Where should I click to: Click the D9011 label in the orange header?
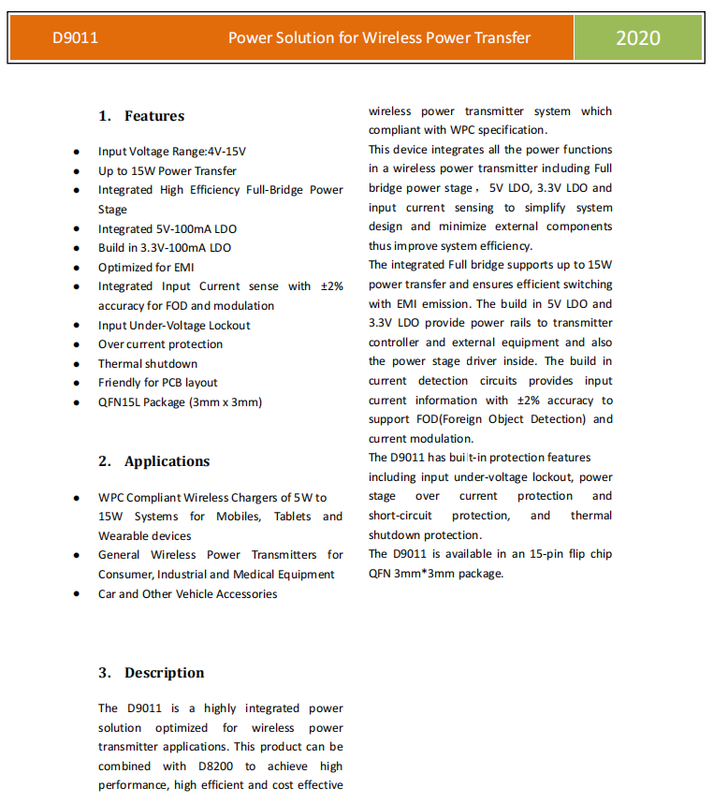[75, 38]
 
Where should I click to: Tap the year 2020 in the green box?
[637, 38]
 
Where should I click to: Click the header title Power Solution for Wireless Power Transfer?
[379, 38]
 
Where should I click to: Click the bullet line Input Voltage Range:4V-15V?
[172, 152]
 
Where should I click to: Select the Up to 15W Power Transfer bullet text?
[167, 171]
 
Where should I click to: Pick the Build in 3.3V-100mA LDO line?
[165, 248]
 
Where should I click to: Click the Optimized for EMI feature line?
[146, 268]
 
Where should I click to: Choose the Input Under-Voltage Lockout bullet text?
[174, 326]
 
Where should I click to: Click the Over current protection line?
[161, 344]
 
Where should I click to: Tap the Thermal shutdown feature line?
[148, 364]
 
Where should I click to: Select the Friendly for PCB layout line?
[158, 383]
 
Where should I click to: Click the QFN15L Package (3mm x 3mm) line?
[180, 402]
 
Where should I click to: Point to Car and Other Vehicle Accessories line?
[187, 594]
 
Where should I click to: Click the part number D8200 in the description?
[214, 766]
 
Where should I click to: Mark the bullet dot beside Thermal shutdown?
[75, 364]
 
